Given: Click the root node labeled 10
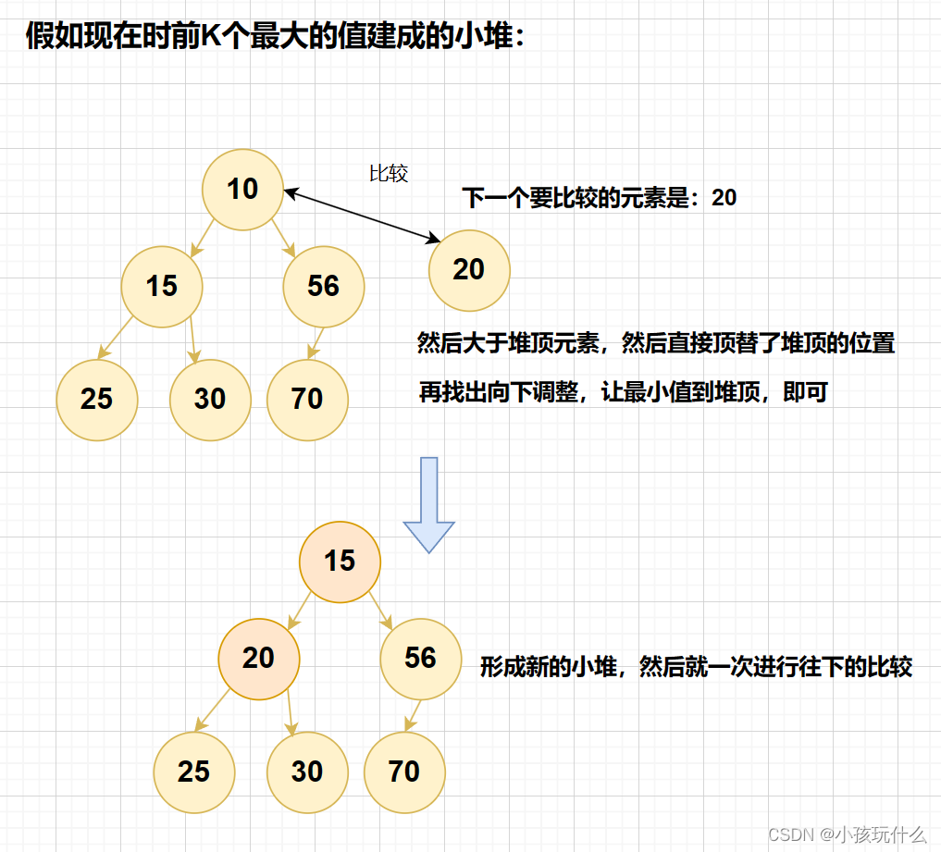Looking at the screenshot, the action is click(242, 190).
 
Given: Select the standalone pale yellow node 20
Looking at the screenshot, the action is click(469, 269).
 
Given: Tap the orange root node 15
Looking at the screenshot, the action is click(340, 561).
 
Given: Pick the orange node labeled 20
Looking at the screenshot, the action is click(259, 658).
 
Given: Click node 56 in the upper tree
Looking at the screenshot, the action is click(324, 286).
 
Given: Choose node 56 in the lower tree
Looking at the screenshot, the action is click(420, 658).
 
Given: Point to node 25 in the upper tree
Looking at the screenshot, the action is click(96, 399).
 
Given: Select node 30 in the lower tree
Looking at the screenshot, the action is click(307, 772).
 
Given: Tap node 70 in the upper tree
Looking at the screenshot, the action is click(307, 399).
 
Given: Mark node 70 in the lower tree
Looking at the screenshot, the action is click(404, 772).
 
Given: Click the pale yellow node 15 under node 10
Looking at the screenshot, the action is click(162, 286).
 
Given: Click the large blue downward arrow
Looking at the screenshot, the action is click(428, 504).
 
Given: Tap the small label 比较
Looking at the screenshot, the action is click(389, 173).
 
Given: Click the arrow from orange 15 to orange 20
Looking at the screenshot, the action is click(300, 611).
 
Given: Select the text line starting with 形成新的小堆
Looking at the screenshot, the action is click(696, 667).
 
